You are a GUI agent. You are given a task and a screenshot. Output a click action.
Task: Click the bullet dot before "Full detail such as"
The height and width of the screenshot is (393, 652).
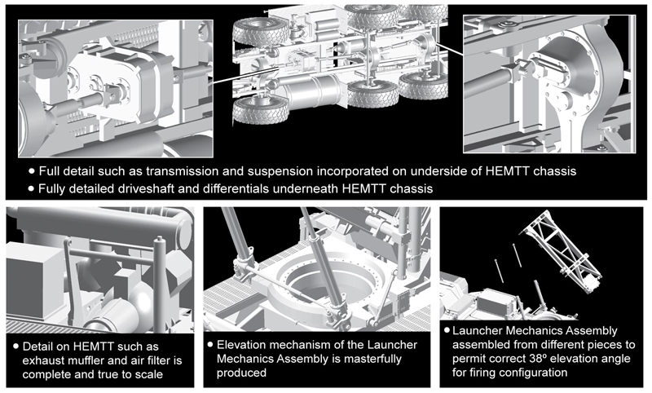pos(31,172)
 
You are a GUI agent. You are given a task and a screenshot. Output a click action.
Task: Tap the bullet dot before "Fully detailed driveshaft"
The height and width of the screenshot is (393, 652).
pos(31,188)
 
